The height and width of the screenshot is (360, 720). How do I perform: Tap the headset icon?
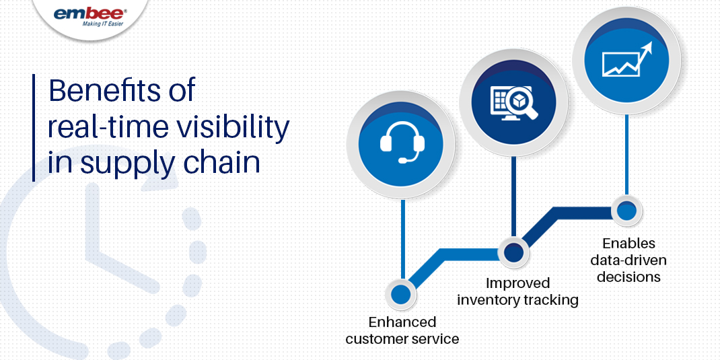tap(402, 143)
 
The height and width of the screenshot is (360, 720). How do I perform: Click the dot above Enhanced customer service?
tap(400, 294)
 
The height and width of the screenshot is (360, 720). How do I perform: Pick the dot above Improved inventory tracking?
tap(513, 252)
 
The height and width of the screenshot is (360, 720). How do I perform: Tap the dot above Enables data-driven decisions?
tap(626, 211)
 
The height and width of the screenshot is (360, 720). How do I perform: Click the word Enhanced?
tap(402, 322)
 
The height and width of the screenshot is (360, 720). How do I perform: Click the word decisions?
tap(628, 276)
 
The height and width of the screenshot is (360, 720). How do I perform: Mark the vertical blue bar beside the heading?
tap(33, 127)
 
